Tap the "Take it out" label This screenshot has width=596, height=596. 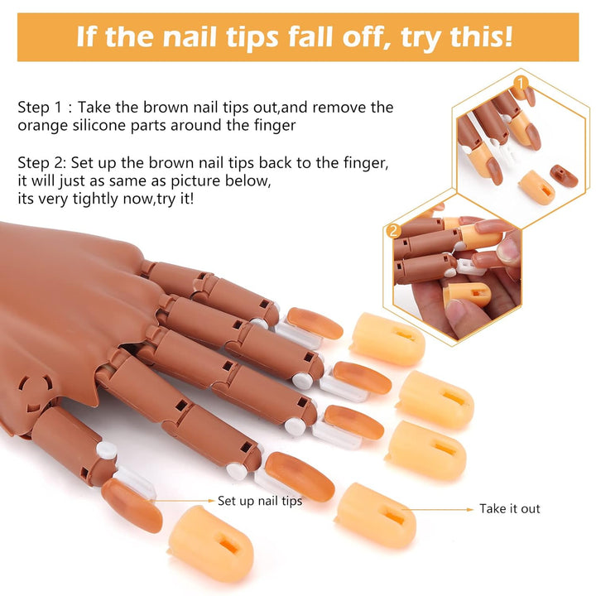tap(509, 508)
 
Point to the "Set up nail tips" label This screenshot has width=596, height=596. tap(260, 501)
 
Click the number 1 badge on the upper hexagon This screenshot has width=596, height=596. tap(521, 83)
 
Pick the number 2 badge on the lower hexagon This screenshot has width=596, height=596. tap(394, 231)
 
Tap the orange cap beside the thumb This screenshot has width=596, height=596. tap(211, 543)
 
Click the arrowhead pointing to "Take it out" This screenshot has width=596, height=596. tap(469, 508)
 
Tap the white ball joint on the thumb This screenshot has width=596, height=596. tap(105, 452)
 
